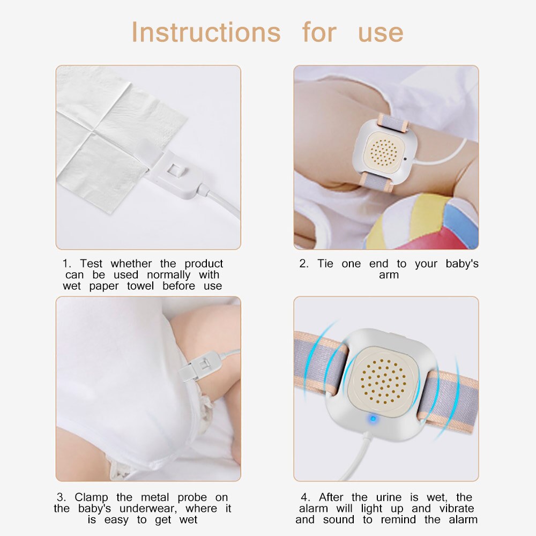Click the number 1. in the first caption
(66, 264)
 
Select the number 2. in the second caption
(304, 264)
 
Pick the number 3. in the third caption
(61, 497)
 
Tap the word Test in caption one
(91, 264)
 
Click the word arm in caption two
(389, 275)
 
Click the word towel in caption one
(140, 286)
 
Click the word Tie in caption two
(325, 264)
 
